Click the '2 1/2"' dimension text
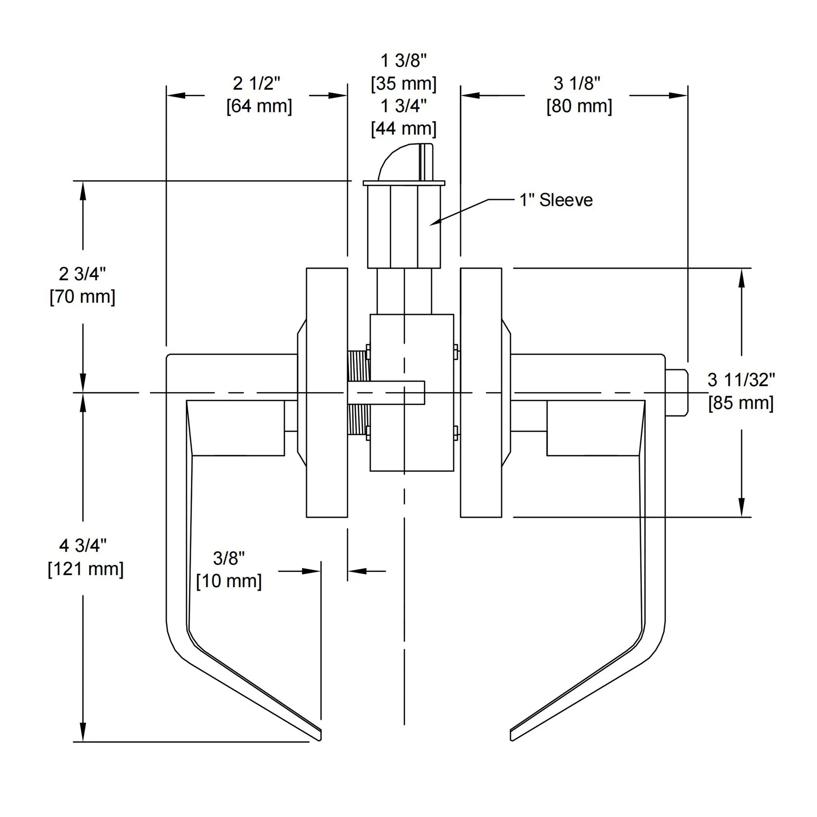[256, 83]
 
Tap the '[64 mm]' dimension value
[259, 106]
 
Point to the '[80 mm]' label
[579, 106]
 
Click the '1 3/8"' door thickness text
[403, 61]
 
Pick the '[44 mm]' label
[404, 129]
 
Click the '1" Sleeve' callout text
[556, 200]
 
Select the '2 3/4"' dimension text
[82, 274]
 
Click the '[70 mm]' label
[82, 296]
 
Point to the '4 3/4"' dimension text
[83, 545]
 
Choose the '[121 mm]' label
[85, 569]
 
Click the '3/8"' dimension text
[229, 558]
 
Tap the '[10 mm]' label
[229, 581]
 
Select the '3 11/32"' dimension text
[741, 380]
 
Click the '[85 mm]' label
[741, 403]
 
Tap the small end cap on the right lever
[677, 392]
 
